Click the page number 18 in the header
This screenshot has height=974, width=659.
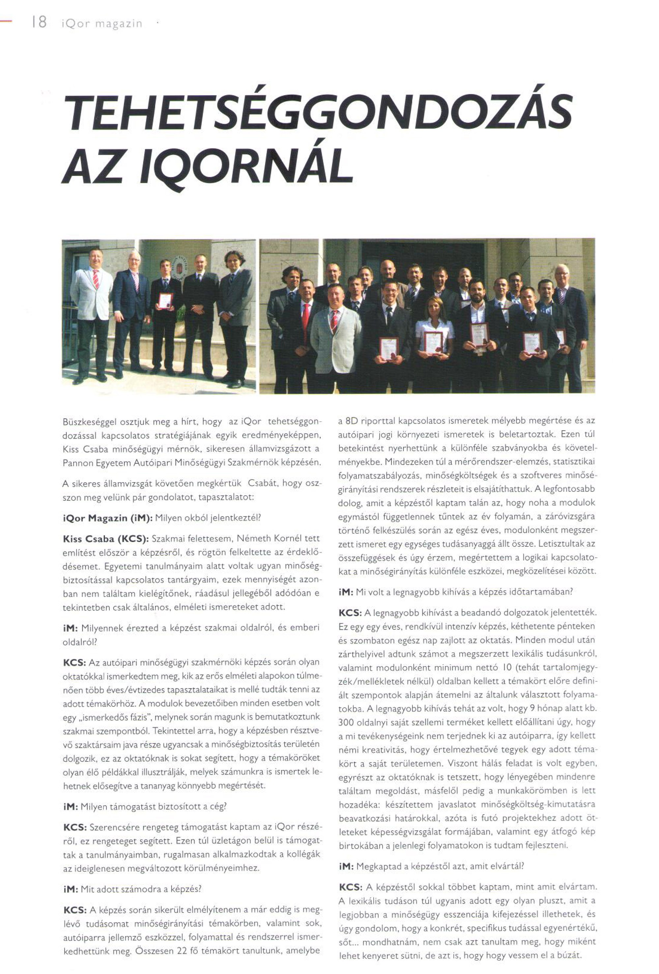pyautogui.click(x=39, y=22)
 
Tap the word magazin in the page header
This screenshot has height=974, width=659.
pyautogui.click(x=119, y=24)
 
